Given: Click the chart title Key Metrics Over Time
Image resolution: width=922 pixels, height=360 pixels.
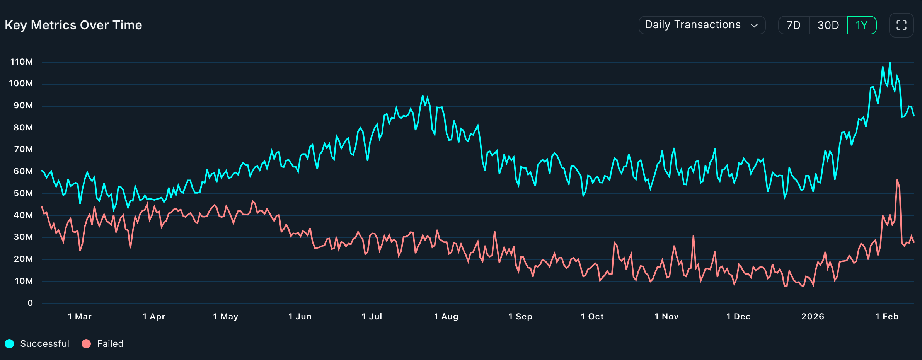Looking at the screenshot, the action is pos(73,25).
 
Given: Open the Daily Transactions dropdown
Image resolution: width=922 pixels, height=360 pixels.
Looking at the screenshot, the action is pos(702,25).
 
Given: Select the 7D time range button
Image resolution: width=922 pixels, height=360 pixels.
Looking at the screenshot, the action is pos(794,25).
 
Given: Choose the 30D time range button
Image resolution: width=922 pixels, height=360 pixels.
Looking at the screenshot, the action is pos(828,25).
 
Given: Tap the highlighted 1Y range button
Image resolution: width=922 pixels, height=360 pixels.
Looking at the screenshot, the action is pos(862,25).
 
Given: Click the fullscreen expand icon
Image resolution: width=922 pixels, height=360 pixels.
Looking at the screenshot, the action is pos(902,25).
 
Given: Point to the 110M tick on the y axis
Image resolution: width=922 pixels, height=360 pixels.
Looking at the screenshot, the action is pos(22,62).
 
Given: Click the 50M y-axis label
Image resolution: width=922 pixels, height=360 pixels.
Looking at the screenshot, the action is pos(23,193).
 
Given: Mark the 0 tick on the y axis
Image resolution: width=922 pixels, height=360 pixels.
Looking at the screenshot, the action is pos(30,303).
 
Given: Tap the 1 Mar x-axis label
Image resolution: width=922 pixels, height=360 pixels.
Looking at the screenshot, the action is pos(80,317).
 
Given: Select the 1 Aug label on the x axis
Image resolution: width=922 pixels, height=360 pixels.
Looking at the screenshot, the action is pos(446,317).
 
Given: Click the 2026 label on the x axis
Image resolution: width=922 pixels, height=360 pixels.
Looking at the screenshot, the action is pos(813,317).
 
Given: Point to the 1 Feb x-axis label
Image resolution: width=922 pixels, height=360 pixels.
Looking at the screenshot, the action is pos(887,317).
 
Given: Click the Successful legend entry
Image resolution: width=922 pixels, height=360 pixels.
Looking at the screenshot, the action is pos(37,344).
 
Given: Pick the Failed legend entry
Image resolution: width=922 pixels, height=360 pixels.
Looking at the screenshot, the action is pos(103,344).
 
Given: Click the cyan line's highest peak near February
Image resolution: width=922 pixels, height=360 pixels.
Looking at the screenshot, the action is pos(890,63).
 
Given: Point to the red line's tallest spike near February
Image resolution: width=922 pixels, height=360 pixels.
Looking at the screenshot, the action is pos(897,180).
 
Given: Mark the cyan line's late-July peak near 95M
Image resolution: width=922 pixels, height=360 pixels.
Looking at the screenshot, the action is pos(423,96).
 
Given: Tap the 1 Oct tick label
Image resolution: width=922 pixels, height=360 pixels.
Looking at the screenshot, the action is pos(592,317).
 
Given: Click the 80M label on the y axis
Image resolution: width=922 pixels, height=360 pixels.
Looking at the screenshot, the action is pos(23,128).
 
